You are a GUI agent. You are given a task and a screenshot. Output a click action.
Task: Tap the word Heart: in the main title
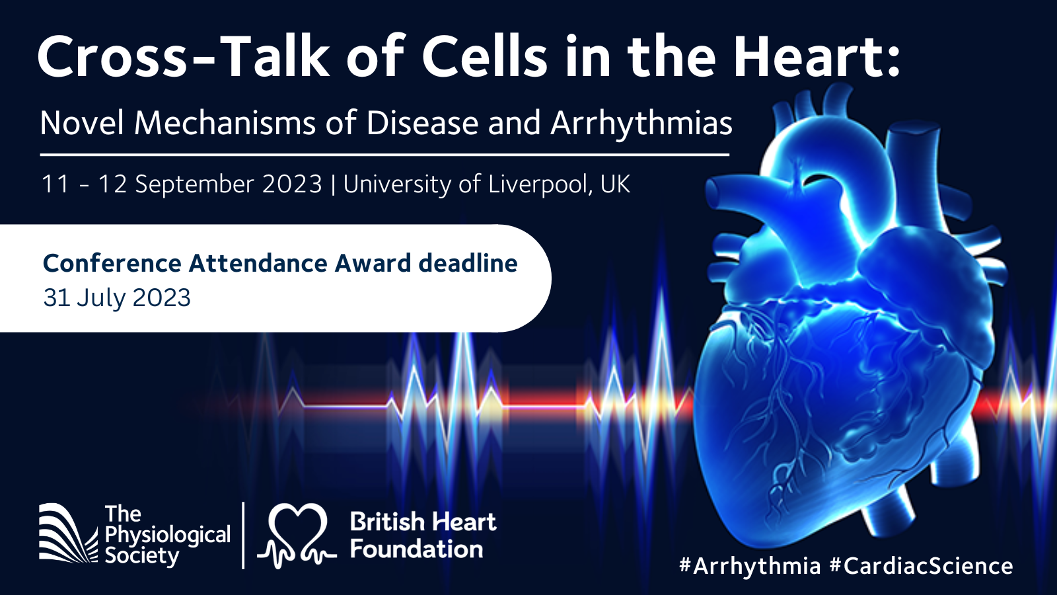(817, 57)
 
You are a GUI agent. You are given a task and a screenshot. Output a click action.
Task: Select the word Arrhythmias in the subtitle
(641, 123)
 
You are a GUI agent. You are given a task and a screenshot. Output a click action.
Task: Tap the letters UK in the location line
(615, 184)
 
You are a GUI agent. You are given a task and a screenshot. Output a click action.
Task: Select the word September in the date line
(196, 184)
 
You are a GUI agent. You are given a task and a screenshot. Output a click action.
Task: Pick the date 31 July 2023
(117, 297)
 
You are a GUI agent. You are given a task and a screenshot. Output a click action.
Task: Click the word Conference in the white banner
(112, 263)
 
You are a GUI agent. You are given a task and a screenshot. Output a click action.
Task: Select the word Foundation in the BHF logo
(416, 549)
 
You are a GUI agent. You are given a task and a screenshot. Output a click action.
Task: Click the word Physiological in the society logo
(168, 535)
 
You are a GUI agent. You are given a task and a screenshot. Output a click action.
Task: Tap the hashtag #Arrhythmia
(750, 566)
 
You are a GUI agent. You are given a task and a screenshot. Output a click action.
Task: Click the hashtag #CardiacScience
(921, 566)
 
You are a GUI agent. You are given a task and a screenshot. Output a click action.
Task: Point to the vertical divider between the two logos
(243, 535)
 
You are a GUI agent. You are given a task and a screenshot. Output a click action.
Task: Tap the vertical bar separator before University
(333, 184)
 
